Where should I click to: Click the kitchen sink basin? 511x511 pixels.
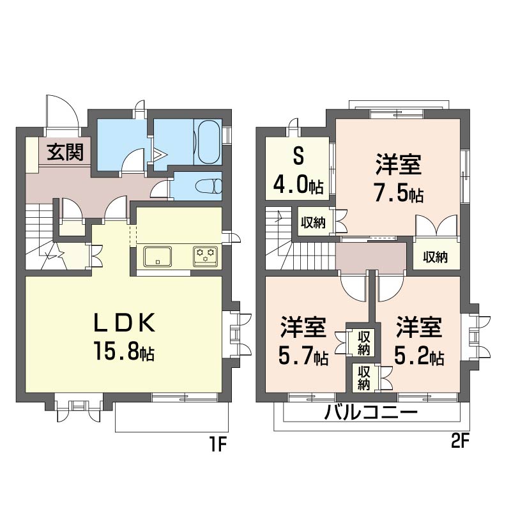click(158, 256)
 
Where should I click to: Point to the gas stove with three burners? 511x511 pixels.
click(206, 256)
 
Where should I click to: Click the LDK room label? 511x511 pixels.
click(125, 324)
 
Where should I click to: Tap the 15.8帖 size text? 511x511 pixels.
click(126, 352)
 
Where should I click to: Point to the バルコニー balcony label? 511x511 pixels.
click(370, 412)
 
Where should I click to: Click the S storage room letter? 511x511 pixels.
click(297, 157)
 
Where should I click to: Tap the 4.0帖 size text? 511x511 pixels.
click(298, 186)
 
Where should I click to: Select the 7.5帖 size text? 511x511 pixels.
click(398, 194)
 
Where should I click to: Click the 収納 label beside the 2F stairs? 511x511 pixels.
click(313, 222)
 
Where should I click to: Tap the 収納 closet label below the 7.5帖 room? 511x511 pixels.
click(434, 257)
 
